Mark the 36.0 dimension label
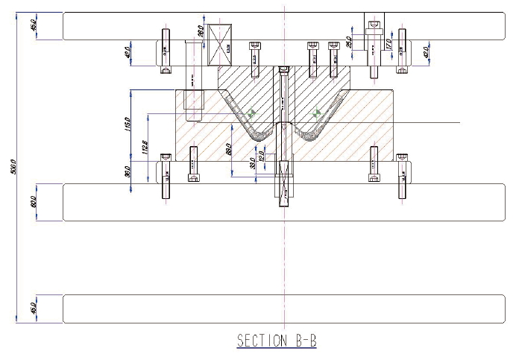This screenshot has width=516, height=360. [128, 171]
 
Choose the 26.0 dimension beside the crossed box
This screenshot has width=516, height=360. [201, 32]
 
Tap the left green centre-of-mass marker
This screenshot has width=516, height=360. [251, 114]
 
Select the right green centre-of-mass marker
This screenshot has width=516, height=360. [317, 114]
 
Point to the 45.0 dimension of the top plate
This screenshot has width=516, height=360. [33, 26]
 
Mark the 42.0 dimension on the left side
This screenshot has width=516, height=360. [128, 53]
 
